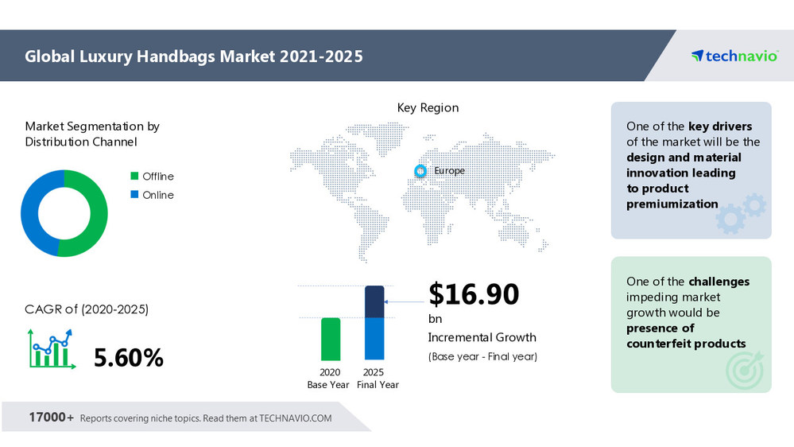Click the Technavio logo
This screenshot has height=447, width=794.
734,56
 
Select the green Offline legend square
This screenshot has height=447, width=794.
134,177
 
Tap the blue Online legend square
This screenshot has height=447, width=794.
134,195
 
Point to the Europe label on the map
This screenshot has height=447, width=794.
449,171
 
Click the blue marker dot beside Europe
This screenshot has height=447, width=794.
420,171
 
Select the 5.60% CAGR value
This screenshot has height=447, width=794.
128,358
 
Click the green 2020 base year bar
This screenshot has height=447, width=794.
331,339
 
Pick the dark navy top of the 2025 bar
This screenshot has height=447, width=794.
374,301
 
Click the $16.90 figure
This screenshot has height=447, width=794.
474,293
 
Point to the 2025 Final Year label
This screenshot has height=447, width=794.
374,379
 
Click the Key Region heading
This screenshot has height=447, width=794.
428,107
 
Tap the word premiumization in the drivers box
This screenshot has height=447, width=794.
672,204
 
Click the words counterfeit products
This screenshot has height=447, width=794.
686,344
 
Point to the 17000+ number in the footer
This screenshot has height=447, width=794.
52,418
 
